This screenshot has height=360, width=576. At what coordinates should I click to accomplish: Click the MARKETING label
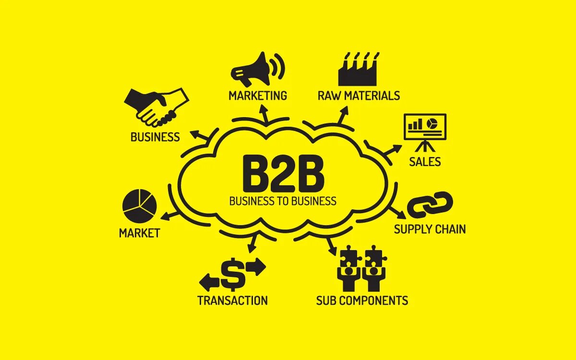coord(258,96)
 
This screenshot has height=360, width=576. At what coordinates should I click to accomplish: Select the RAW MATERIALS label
coord(359,96)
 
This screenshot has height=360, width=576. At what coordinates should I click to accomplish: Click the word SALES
coord(425,162)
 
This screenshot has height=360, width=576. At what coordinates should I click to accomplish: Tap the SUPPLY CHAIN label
coord(430,229)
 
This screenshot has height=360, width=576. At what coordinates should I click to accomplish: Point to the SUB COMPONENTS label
coord(362,301)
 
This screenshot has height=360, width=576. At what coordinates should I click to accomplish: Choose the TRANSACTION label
coord(232,301)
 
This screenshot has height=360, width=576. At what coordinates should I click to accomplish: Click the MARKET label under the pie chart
coord(139,234)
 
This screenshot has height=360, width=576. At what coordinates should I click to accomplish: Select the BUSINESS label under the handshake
coord(155,137)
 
